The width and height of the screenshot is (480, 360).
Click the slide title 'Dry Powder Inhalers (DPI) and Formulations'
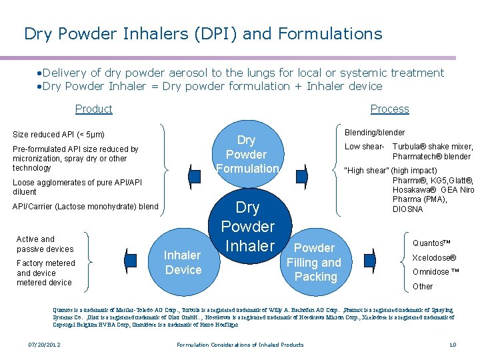203,33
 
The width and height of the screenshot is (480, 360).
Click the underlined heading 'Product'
94,109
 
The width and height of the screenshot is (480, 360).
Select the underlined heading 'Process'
389,109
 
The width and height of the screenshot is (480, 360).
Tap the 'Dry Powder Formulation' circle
247,154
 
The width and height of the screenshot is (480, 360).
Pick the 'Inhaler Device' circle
183,263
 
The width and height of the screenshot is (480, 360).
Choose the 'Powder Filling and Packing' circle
313,262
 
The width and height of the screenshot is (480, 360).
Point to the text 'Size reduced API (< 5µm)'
59,135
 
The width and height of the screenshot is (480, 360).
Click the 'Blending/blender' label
374,133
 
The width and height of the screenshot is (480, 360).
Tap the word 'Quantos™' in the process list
432,243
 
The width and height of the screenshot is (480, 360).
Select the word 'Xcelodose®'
434,258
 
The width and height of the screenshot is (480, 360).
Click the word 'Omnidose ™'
436,272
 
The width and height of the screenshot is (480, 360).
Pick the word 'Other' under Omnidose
423,287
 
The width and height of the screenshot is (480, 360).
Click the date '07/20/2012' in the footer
43,345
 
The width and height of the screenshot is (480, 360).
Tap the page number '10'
452,345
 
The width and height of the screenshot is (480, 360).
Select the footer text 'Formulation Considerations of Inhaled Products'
240,345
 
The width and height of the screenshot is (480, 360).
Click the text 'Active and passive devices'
45,244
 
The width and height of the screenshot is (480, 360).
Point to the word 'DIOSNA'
408,209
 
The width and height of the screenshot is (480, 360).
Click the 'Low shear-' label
364,147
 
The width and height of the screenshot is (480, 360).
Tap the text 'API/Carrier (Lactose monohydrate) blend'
85,207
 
